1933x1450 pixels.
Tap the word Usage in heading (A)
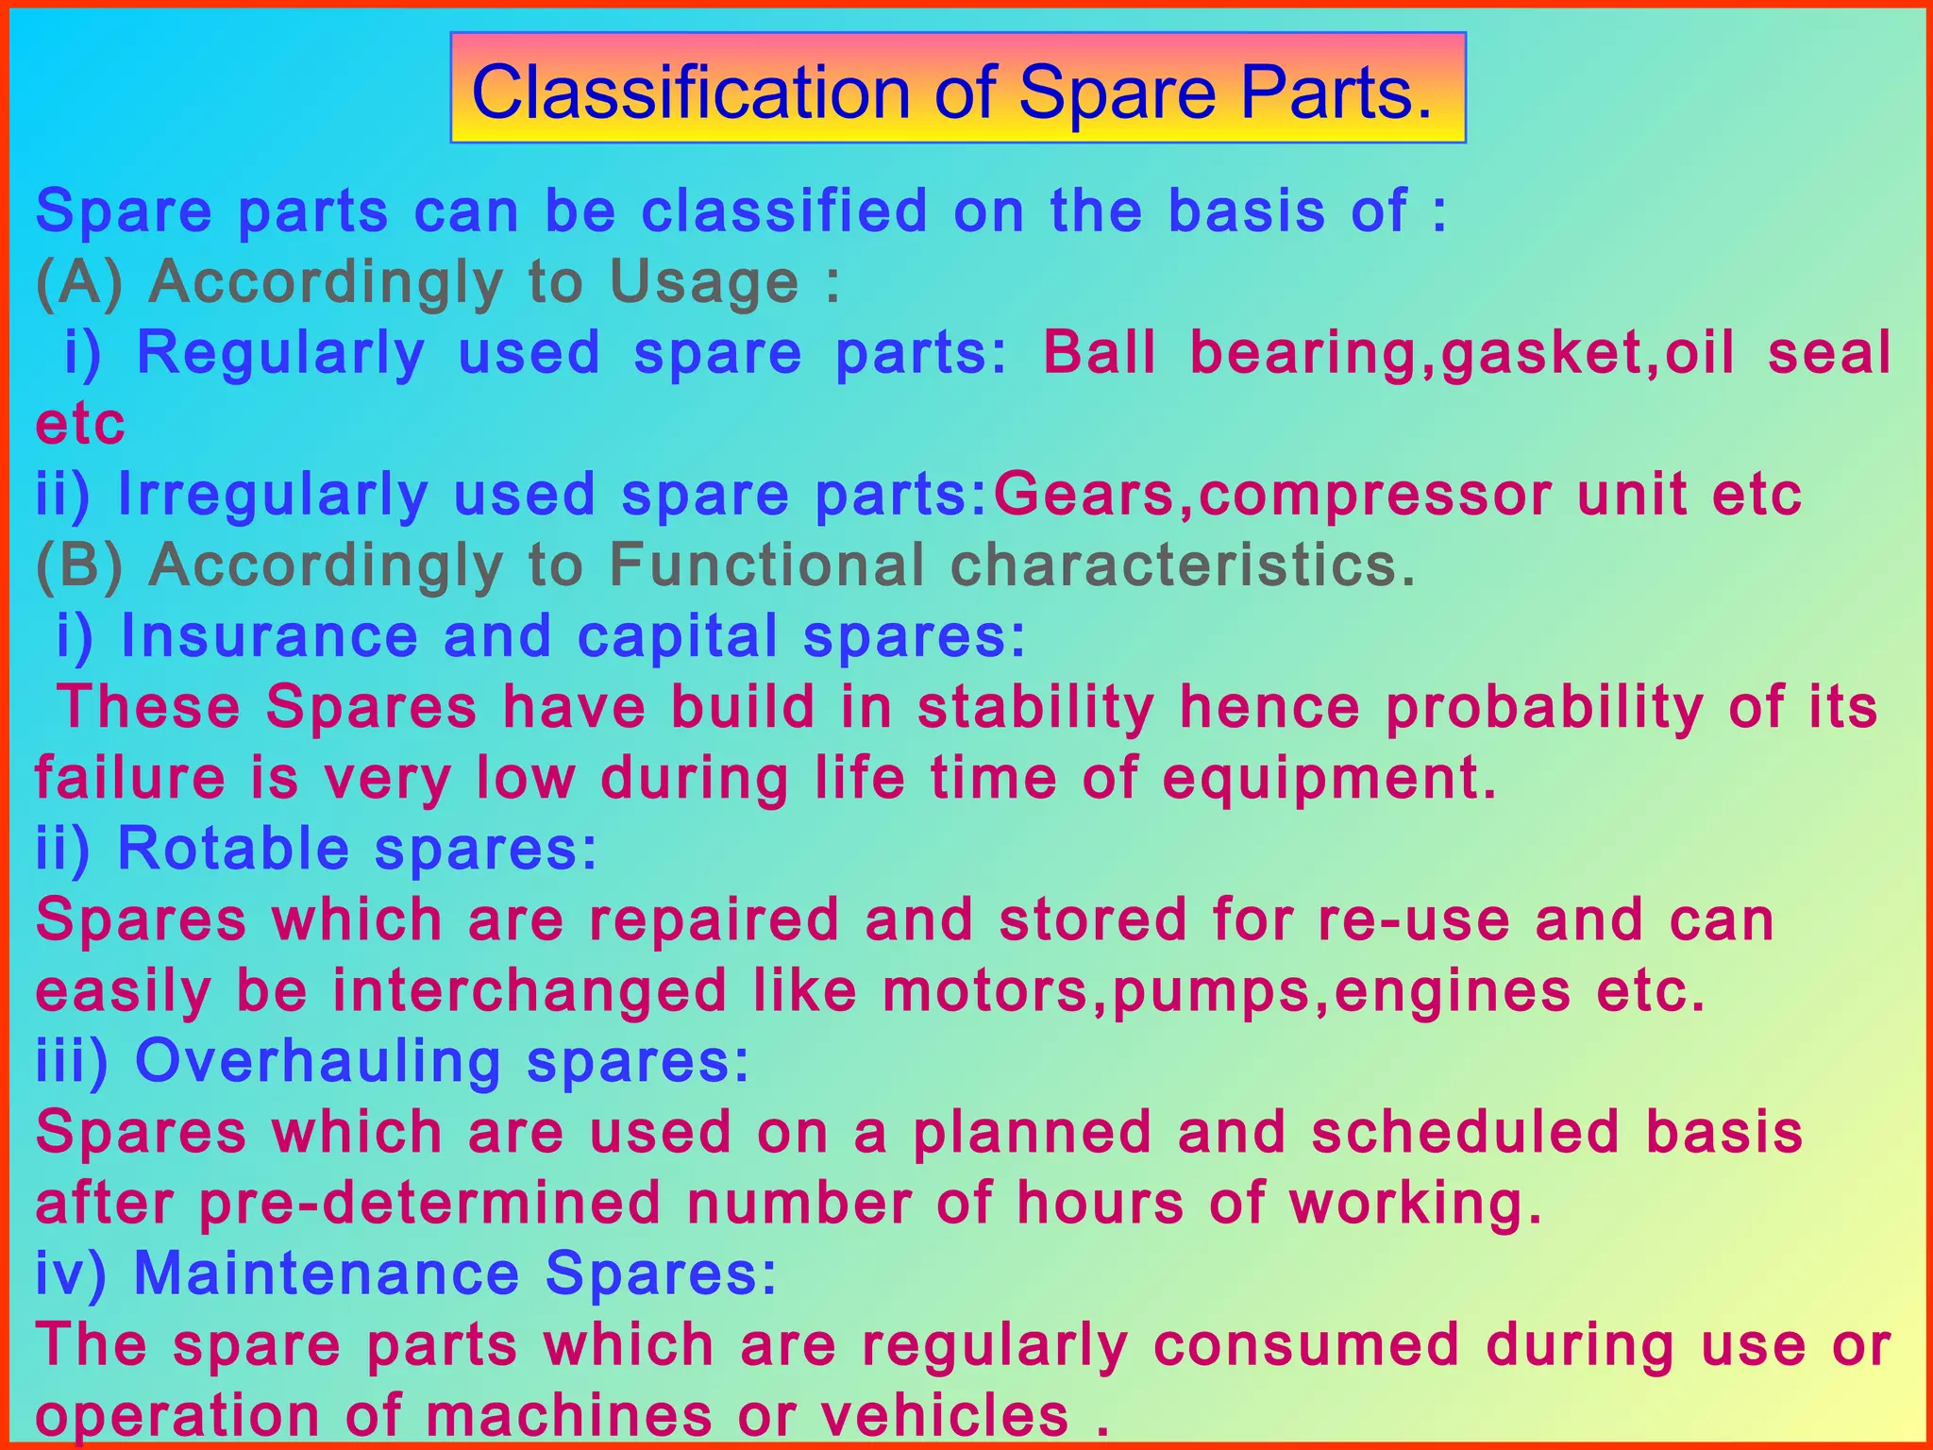tap(704, 281)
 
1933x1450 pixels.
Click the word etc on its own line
tap(80, 423)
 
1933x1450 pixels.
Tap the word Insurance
tap(269, 635)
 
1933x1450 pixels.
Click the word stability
tap(1035, 707)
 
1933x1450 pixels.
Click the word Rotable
tap(233, 848)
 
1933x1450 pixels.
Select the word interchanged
tap(529, 990)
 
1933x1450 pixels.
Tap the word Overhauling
tap(318, 1060)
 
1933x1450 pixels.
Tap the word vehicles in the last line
tap(945, 1415)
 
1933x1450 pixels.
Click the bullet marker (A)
tap(79, 281)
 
